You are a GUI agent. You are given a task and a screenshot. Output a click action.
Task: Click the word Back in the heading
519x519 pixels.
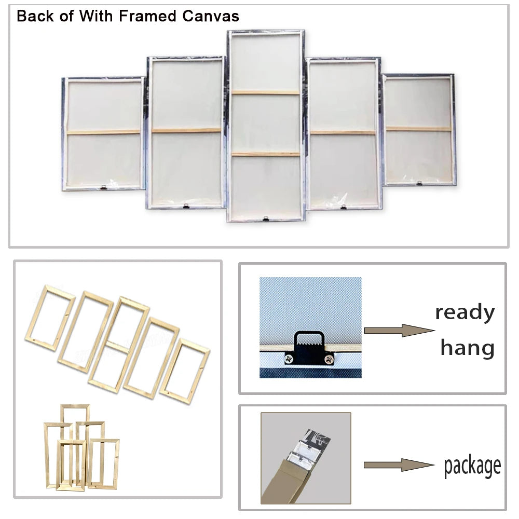click(35, 16)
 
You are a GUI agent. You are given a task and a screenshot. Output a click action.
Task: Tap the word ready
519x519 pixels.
click(465, 313)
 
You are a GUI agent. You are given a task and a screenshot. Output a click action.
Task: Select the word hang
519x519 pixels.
click(467, 348)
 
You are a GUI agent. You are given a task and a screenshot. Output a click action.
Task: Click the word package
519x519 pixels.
click(472, 466)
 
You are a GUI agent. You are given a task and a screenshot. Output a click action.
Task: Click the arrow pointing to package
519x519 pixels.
click(398, 465)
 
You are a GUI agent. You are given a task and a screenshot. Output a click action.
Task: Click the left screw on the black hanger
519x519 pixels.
click(287, 358)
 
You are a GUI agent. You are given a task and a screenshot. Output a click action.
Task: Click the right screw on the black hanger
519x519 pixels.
click(329, 358)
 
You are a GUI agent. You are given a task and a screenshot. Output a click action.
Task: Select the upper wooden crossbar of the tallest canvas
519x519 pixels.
click(265, 93)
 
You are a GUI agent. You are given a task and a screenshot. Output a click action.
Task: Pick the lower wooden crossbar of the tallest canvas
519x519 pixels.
click(265, 154)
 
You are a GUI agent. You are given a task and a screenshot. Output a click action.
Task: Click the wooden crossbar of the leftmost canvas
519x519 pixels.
click(104, 132)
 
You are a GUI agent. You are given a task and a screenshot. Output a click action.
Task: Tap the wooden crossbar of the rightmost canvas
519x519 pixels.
click(418, 129)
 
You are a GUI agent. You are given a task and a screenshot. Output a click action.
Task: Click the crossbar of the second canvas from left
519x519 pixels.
click(186, 130)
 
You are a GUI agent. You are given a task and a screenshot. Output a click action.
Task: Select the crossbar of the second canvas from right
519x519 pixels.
click(343, 132)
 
